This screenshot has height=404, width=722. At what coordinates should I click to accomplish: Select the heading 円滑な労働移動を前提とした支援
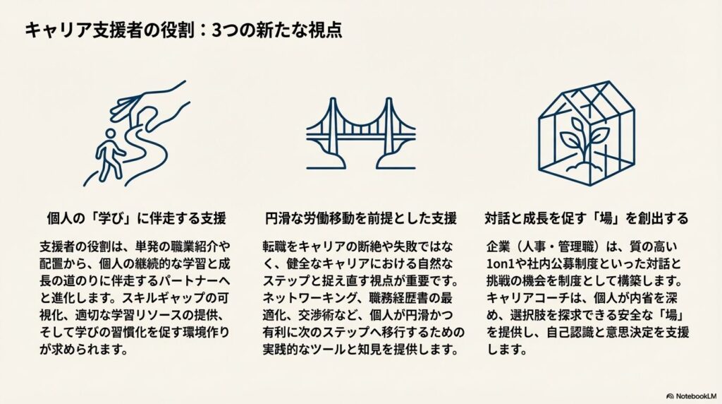pyautogui.click(x=361, y=218)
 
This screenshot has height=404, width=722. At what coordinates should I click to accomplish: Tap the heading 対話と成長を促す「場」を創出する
pyautogui.click(x=587, y=218)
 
